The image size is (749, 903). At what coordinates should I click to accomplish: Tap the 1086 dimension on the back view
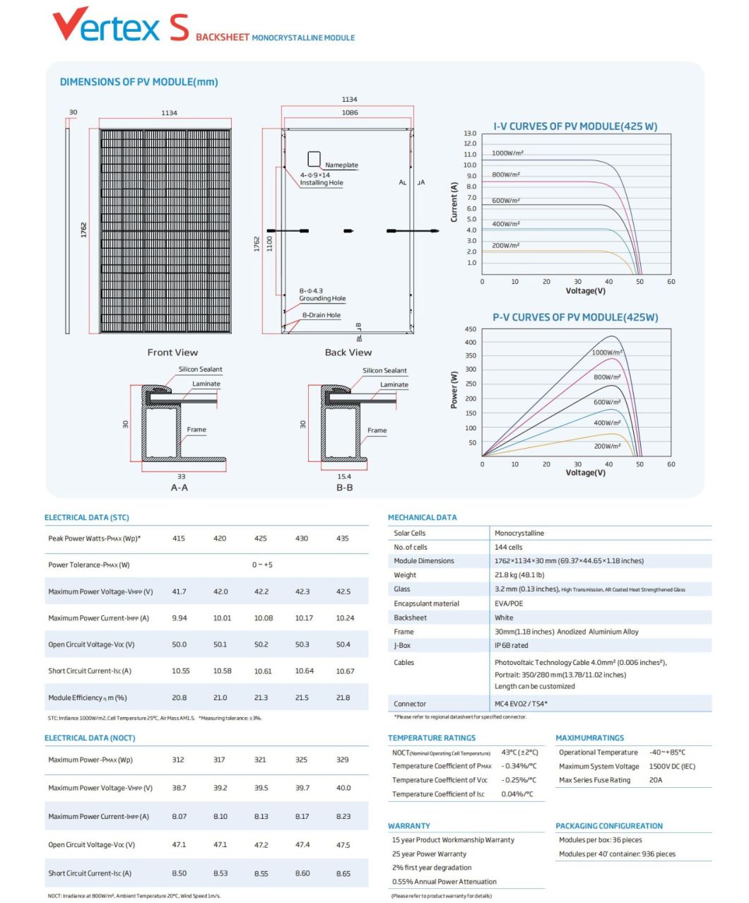click(x=349, y=112)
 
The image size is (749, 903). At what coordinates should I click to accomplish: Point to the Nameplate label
click(x=341, y=165)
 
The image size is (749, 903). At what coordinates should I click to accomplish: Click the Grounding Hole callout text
click(x=322, y=299)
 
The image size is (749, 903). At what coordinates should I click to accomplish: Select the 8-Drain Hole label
click(x=321, y=315)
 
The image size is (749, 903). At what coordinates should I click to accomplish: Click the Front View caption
click(x=172, y=353)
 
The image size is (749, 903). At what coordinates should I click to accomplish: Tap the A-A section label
click(x=179, y=488)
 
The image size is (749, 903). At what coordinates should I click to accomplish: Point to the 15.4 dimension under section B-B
click(x=344, y=477)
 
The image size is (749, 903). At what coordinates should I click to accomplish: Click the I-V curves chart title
click(x=575, y=126)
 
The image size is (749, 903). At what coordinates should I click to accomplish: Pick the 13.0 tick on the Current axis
click(x=470, y=134)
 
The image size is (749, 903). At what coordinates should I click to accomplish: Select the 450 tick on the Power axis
click(x=470, y=329)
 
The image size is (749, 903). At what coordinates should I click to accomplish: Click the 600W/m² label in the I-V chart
click(x=506, y=201)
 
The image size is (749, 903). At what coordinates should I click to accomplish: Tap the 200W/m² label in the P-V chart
click(x=607, y=447)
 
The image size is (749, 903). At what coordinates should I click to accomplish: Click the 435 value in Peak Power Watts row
click(x=343, y=538)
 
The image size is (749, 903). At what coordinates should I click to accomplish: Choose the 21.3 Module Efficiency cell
click(x=261, y=698)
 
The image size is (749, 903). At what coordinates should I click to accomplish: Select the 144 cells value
click(x=508, y=548)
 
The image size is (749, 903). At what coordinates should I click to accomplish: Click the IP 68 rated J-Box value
click(x=511, y=646)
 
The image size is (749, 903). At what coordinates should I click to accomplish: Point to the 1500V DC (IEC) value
click(x=672, y=767)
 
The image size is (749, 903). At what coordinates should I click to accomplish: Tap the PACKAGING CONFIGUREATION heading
click(x=609, y=826)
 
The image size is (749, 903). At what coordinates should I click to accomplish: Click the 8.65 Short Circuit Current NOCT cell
click(x=343, y=874)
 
